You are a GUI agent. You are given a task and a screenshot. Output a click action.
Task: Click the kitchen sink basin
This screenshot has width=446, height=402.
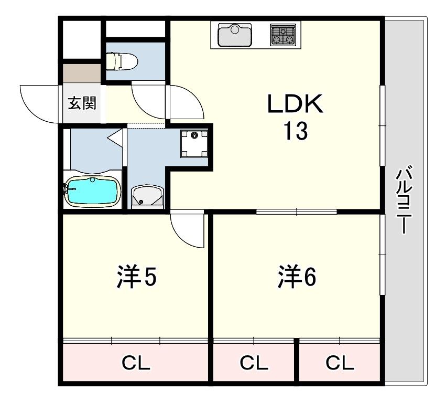click(x=235, y=35)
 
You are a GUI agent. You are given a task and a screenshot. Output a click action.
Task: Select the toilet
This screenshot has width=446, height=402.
click(x=122, y=61)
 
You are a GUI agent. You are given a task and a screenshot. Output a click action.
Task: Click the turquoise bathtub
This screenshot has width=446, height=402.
click(x=92, y=191)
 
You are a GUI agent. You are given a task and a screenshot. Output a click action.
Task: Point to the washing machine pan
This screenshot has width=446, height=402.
click(x=194, y=144)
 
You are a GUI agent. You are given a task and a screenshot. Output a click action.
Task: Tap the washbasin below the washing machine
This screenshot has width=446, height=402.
click(x=147, y=196)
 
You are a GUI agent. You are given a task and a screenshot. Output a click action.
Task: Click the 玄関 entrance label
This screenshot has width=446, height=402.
click(x=82, y=103)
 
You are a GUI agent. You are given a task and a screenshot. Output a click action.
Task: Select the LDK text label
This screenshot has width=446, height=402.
click(x=295, y=104)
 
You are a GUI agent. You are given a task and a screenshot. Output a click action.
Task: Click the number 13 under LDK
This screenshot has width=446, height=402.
click(x=295, y=131)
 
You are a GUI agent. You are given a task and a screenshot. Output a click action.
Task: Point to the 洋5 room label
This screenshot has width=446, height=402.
click(x=137, y=277)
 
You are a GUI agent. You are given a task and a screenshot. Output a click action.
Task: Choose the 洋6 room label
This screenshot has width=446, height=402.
click(x=297, y=277)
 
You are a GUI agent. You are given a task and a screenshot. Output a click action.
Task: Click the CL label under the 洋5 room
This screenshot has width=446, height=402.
click(x=136, y=363)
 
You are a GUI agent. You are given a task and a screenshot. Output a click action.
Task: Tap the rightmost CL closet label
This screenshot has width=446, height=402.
click(x=340, y=363)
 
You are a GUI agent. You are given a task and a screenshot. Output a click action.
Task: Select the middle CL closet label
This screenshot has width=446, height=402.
click(x=254, y=363)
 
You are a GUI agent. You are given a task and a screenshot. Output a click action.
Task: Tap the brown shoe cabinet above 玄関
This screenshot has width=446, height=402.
click(x=82, y=73)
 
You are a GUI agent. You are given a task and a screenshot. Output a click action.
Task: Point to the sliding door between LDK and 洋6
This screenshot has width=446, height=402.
click(x=297, y=211)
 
